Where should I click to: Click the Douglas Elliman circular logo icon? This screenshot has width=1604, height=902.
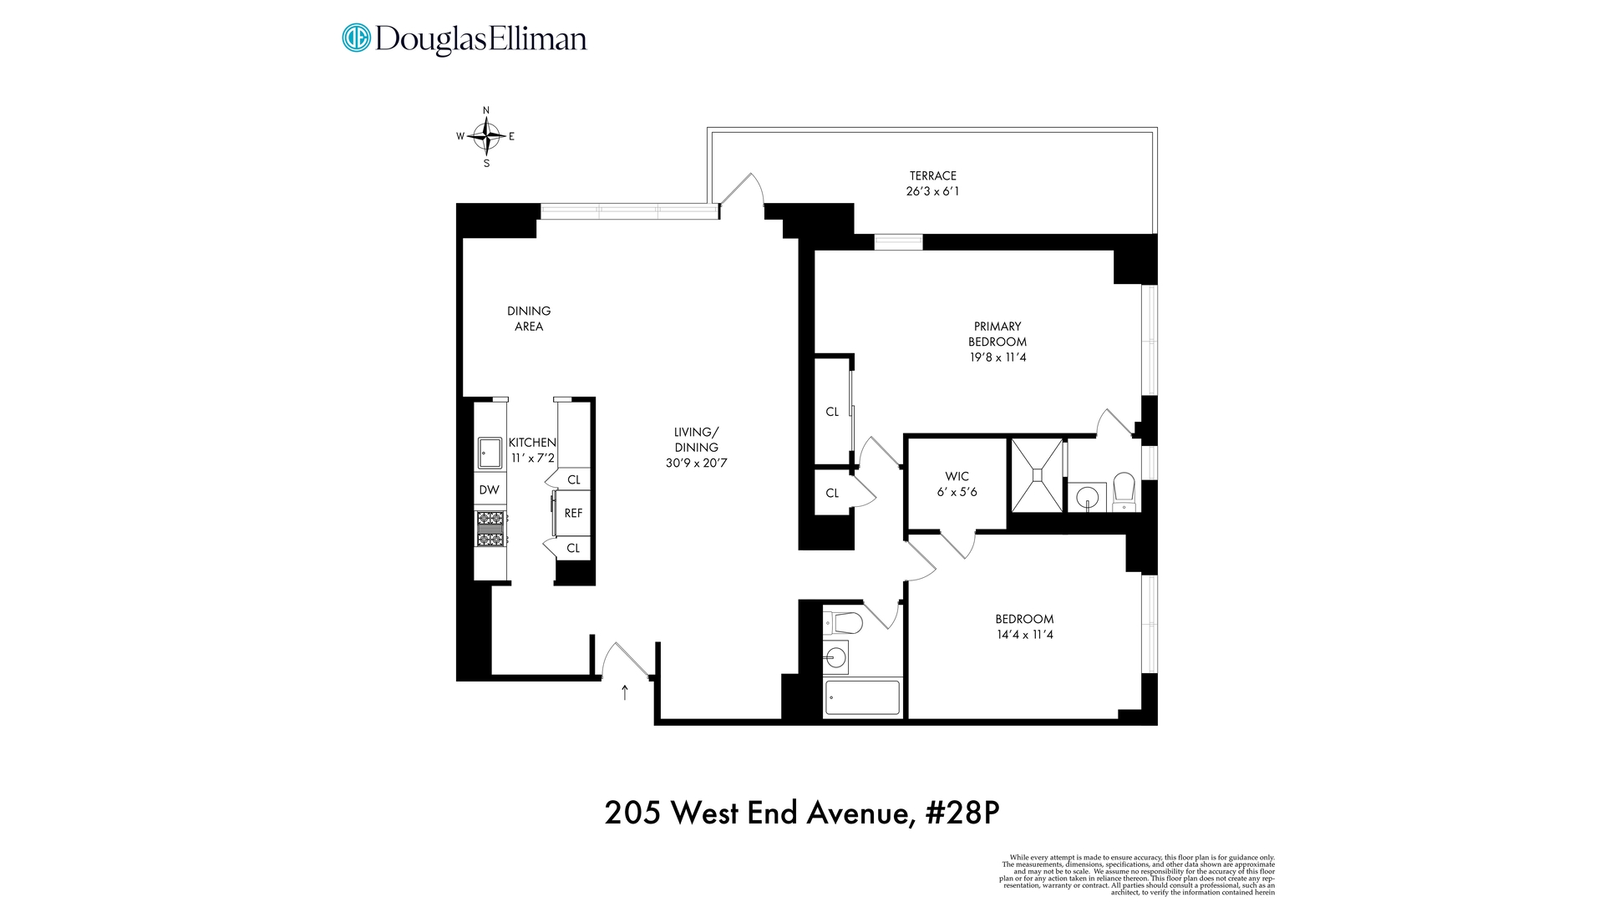click(356, 38)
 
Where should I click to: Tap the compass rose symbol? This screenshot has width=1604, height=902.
click(486, 135)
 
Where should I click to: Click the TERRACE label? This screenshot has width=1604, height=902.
click(933, 175)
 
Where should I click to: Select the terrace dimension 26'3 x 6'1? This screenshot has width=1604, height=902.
click(933, 191)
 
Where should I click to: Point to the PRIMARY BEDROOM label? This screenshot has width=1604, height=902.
click(997, 334)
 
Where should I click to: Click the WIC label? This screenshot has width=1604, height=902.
click(957, 476)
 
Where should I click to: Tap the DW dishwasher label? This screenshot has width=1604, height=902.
click(490, 490)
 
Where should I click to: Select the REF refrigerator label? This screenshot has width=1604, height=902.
click(573, 514)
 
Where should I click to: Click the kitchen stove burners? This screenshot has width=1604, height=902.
click(490, 529)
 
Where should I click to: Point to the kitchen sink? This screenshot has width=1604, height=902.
click(490, 454)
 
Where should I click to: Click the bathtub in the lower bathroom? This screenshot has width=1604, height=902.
click(863, 697)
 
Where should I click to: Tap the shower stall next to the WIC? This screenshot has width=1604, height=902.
click(1037, 474)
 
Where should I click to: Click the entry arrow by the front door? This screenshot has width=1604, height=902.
click(625, 692)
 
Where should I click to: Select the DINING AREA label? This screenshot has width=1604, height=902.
click(529, 318)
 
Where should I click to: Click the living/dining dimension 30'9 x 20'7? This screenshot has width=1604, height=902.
click(697, 463)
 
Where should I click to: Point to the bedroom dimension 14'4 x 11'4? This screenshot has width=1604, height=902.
click(1024, 635)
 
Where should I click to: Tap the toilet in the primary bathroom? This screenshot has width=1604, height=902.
click(1124, 492)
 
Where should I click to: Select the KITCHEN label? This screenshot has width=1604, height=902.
click(532, 443)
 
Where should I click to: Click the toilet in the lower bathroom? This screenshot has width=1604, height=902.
click(844, 623)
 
